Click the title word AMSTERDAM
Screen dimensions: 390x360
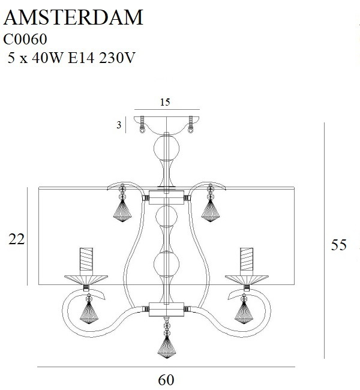[x=74, y=17]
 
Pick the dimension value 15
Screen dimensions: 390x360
[x=166, y=103]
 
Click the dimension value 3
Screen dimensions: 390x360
[x=119, y=125]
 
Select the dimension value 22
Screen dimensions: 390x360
[x=16, y=239]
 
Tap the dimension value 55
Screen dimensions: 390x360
[x=339, y=245]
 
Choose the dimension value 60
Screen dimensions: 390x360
[x=167, y=380]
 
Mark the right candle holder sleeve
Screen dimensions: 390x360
[x=247, y=260]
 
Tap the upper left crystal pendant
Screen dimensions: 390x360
[x=123, y=211]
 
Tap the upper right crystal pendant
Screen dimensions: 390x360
[x=211, y=211]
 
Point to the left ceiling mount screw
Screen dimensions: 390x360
[x=142, y=125]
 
